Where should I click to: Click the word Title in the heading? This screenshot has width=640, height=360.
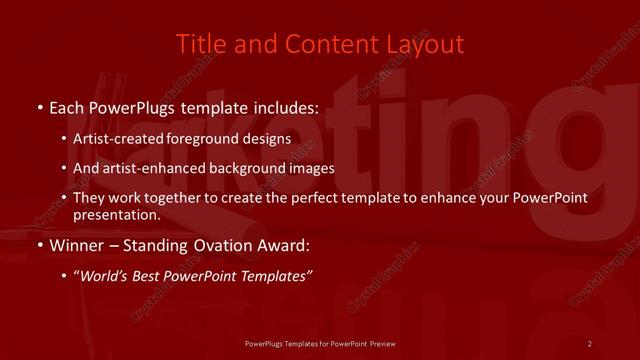pyautogui.click(x=198, y=44)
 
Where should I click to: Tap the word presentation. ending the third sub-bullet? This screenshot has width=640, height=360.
pyautogui.click(x=117, y=214)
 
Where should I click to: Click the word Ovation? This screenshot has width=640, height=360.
pyautogui.click(x=219, y=244)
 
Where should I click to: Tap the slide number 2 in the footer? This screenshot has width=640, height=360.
pyautogui.click(x=590, y=343)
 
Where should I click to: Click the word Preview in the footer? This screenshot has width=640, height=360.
pyautogui.click(x=383, y=343)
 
